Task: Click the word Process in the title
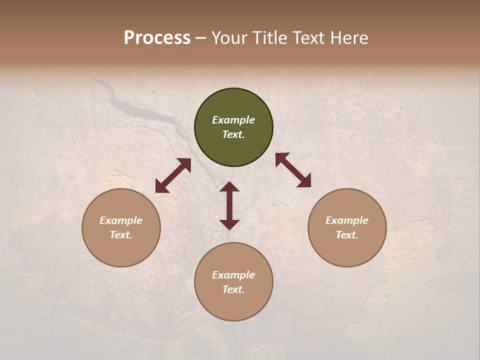[157, 38]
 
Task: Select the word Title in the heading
[270, 38]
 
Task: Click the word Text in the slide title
[309, 38]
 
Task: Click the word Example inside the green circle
[233, 120]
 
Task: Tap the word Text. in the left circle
[121, 235]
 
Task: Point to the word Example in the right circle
[347, 220]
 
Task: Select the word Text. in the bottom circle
[233, 289]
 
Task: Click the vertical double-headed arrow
[229, 205]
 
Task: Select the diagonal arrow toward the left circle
[173, 175]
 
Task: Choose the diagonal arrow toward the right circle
[293, 170]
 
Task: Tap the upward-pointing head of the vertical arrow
[229, 186]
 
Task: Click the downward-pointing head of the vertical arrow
[229, 224]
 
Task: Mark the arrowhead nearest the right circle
[304, 181]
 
